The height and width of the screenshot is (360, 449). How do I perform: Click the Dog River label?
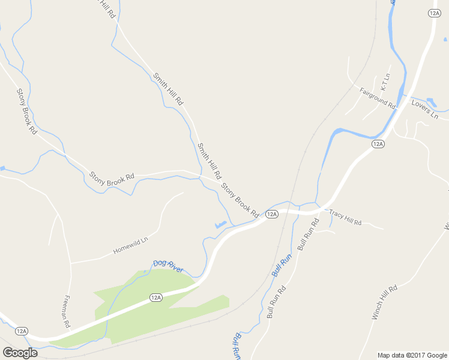click(x=168, y=266)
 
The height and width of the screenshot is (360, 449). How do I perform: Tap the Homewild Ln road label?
click(x=130, y=247)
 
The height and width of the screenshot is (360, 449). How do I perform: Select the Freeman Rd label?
click(x=67, y=312)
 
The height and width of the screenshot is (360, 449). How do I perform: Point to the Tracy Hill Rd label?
click(x=345, y=217)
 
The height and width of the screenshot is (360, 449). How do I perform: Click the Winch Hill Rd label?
click(x=385, y=302)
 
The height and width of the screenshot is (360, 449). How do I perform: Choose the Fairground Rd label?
click(x=378, y=98)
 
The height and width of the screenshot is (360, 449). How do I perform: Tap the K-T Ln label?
click(x=385, y=82)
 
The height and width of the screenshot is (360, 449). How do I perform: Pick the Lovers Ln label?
click(x=425, y=110)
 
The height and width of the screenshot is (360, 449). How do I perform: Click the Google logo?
click(x=20, y=353)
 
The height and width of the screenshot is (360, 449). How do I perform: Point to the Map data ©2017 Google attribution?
click(x=412, y=355)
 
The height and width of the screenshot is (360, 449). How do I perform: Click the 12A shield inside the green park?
click(x=156, y=297)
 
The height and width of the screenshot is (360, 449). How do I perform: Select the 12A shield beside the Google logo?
click(x=22, y=331)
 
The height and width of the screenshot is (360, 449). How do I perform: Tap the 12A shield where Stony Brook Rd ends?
click(x=272, y=214)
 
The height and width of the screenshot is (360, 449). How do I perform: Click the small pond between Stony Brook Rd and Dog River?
click(x=220, y=225)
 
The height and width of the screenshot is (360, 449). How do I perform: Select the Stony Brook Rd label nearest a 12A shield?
click(x=240, y=200)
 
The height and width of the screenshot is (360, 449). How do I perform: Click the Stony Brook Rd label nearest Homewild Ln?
click(x=112, y=183)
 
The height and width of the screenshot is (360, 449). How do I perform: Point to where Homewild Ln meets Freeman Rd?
click(x=71, y=263)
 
